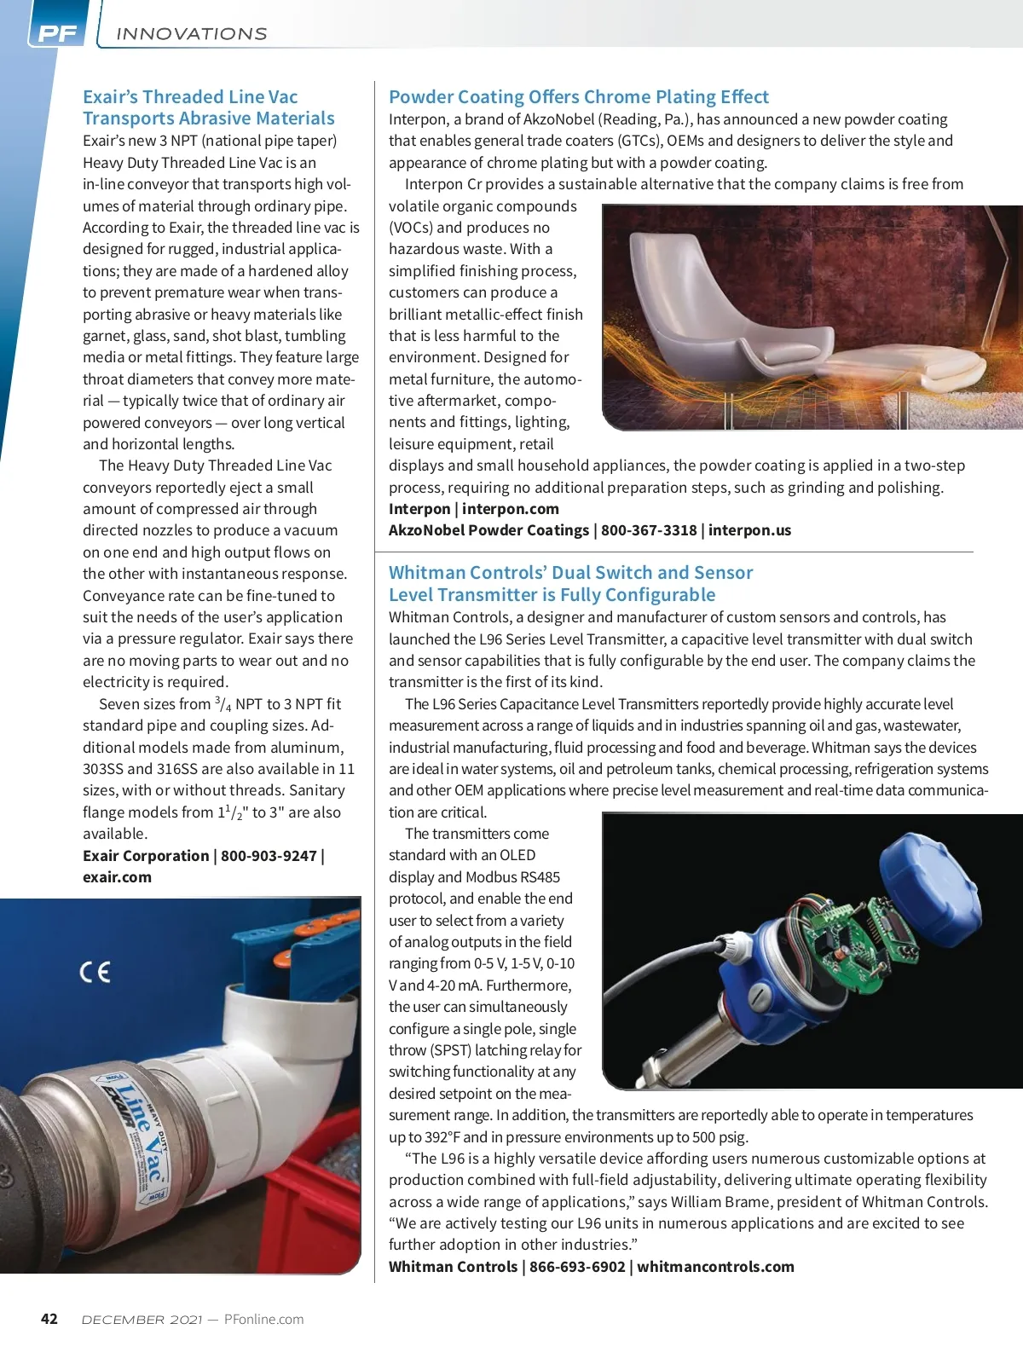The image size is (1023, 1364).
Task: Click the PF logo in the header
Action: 58,34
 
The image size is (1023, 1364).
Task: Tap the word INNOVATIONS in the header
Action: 191,34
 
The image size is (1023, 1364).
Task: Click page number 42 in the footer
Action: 49,1319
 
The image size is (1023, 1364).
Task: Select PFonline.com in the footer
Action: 263,1319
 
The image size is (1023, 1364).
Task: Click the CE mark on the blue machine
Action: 95,972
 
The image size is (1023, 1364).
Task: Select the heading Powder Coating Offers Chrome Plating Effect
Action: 578,97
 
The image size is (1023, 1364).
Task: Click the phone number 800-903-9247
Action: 269,856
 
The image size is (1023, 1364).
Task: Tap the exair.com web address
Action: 117,877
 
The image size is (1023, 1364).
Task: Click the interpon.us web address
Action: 749,530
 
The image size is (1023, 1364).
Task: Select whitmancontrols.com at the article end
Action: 715,1267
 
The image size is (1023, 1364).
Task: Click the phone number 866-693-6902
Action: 577,1267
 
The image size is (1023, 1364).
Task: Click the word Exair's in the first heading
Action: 110,97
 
